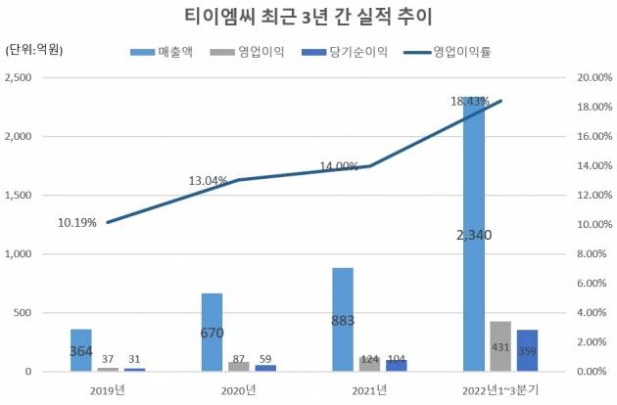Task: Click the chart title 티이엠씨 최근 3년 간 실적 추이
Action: coord(308,17)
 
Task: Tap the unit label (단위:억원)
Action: coord(34,51)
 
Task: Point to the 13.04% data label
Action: coord(208,181)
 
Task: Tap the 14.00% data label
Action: coord(340,166)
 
